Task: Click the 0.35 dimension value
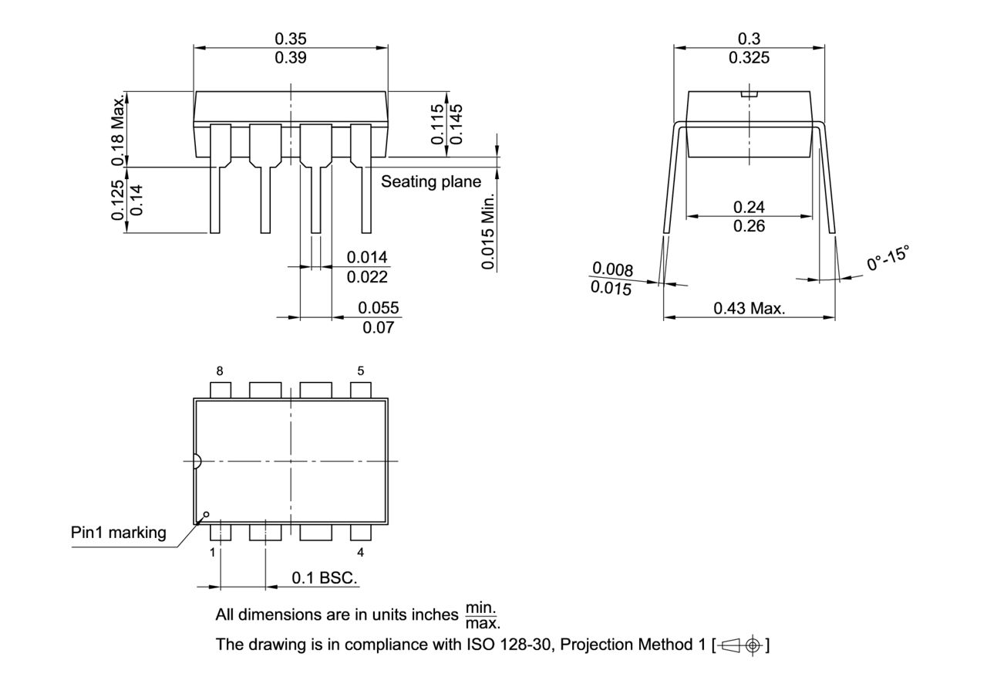[290, 38]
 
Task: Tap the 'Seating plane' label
[430, 181]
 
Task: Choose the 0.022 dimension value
[367, 277]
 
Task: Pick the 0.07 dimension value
[379, 327]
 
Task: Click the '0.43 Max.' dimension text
[749, 309]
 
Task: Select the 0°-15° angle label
[888, 259]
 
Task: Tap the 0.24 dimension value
[749, 207]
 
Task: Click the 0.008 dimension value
[613, 269]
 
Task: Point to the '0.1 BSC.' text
[325, 578]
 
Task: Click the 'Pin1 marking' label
[119, 533]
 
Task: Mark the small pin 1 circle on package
[206, 514]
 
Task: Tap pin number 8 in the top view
[220, 371]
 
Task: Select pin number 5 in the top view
[361, 371]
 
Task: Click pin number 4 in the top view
[361, 552]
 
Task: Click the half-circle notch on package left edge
[197, 462]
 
